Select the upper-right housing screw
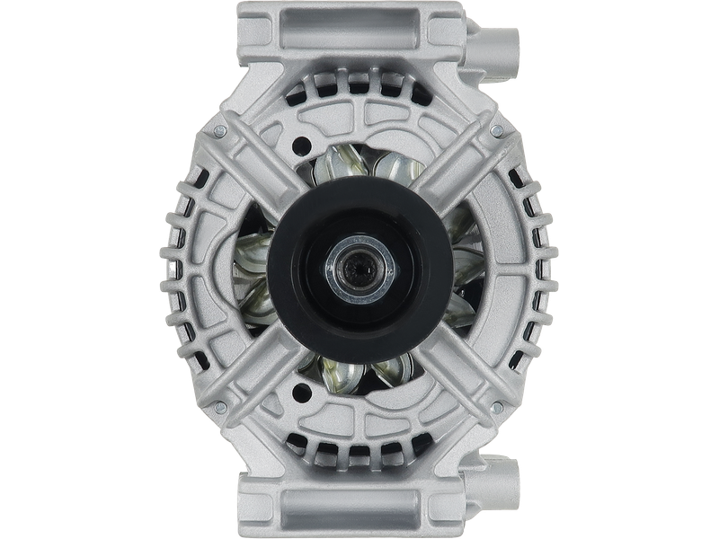(497, 131)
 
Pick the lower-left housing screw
(218, 407)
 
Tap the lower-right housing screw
(497, 407)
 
